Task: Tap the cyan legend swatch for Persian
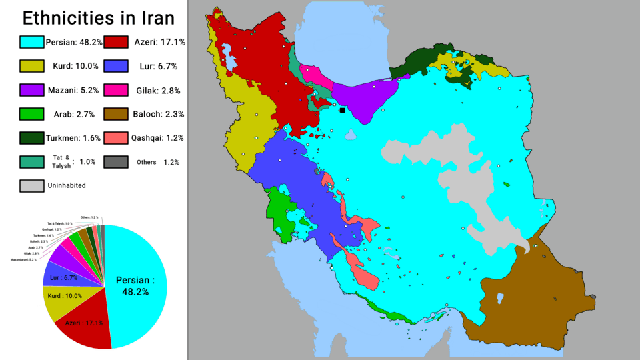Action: (32, 42)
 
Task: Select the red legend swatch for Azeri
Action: (116, 42)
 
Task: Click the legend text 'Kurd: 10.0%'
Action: (73, 66)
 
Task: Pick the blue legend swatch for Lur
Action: (116, 66)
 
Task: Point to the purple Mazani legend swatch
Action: (32, 90)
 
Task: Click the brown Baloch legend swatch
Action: (116, 114)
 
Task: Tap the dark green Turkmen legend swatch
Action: (32, 138)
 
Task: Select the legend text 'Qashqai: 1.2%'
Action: (157, 138)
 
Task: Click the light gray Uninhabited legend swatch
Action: (32, 185)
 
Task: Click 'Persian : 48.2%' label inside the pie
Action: (135, 286)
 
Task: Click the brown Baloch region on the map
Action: (527, 293)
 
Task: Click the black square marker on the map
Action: (343, 110)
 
